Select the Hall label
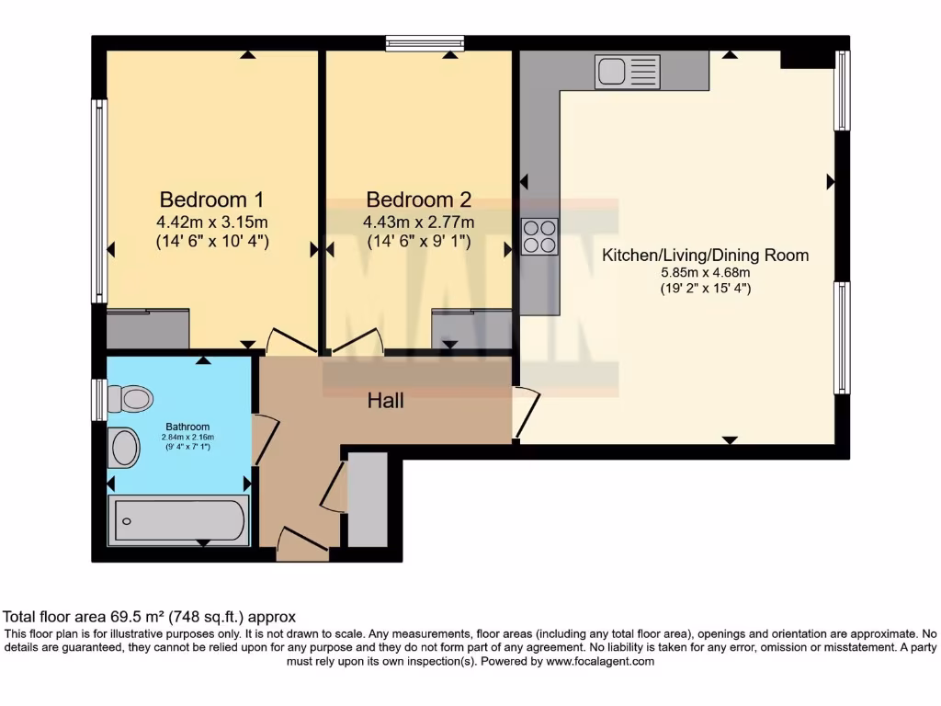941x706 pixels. (386, 400)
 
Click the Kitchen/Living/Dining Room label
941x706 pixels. (705, 255)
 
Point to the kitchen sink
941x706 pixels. (627, 71)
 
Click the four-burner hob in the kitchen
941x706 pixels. (539, 236)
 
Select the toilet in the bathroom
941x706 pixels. (129, 398)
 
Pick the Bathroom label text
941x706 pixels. (187, 427)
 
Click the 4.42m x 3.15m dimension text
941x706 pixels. (212, 222)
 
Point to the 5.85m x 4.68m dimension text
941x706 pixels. (705, 273)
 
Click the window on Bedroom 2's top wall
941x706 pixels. (425, 41)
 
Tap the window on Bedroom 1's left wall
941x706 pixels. (97, 200)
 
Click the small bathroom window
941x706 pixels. (97, 400)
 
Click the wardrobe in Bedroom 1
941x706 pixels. (148, 328)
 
